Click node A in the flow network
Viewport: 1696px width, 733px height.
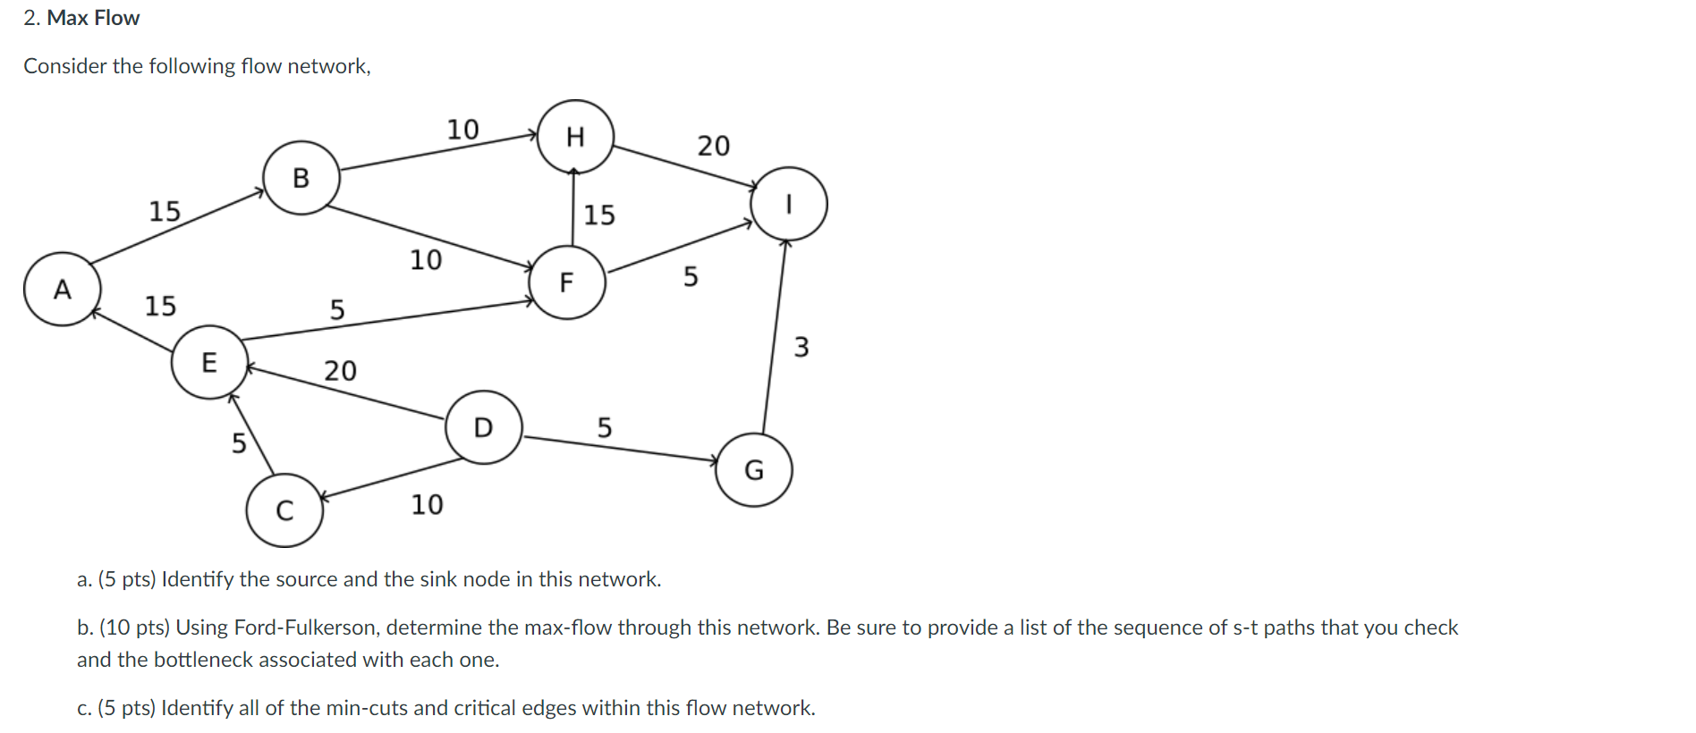tap(62, 289)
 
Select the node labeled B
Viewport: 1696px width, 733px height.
tap(301, 178)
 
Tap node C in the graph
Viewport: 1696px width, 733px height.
tap(284, 510)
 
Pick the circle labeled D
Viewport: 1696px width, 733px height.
tap(483, 427)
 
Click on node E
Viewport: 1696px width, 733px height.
tap(209, 362)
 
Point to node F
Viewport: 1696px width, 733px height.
tap(566, 282)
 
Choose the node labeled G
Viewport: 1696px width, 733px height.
tap(754, 470)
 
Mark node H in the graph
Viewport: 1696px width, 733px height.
tap(575, 137)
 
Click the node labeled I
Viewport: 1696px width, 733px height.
tap(788, 205)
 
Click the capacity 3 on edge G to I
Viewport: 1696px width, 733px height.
tap(801, 347)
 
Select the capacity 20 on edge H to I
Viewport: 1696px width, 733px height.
tap(714, 146)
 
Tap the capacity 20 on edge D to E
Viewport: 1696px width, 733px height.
tap(340, 370)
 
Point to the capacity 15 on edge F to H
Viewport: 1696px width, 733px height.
tap(599, 215)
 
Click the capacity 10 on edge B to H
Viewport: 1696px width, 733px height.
tap(462, 130)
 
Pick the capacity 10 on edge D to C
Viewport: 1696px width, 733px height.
tap(427, 505)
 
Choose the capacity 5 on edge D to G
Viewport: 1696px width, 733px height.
tap(605, 428)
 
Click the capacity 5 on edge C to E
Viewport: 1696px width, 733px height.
tap(239, 442)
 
